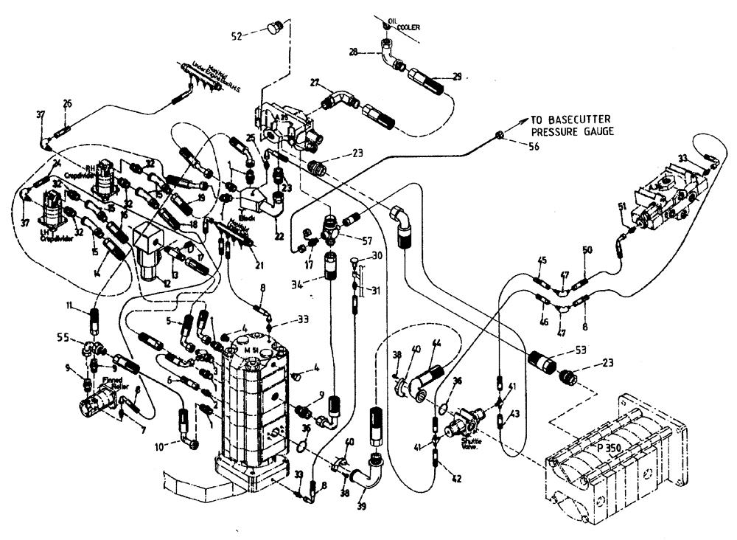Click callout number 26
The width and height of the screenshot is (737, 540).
click(68, 103)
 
